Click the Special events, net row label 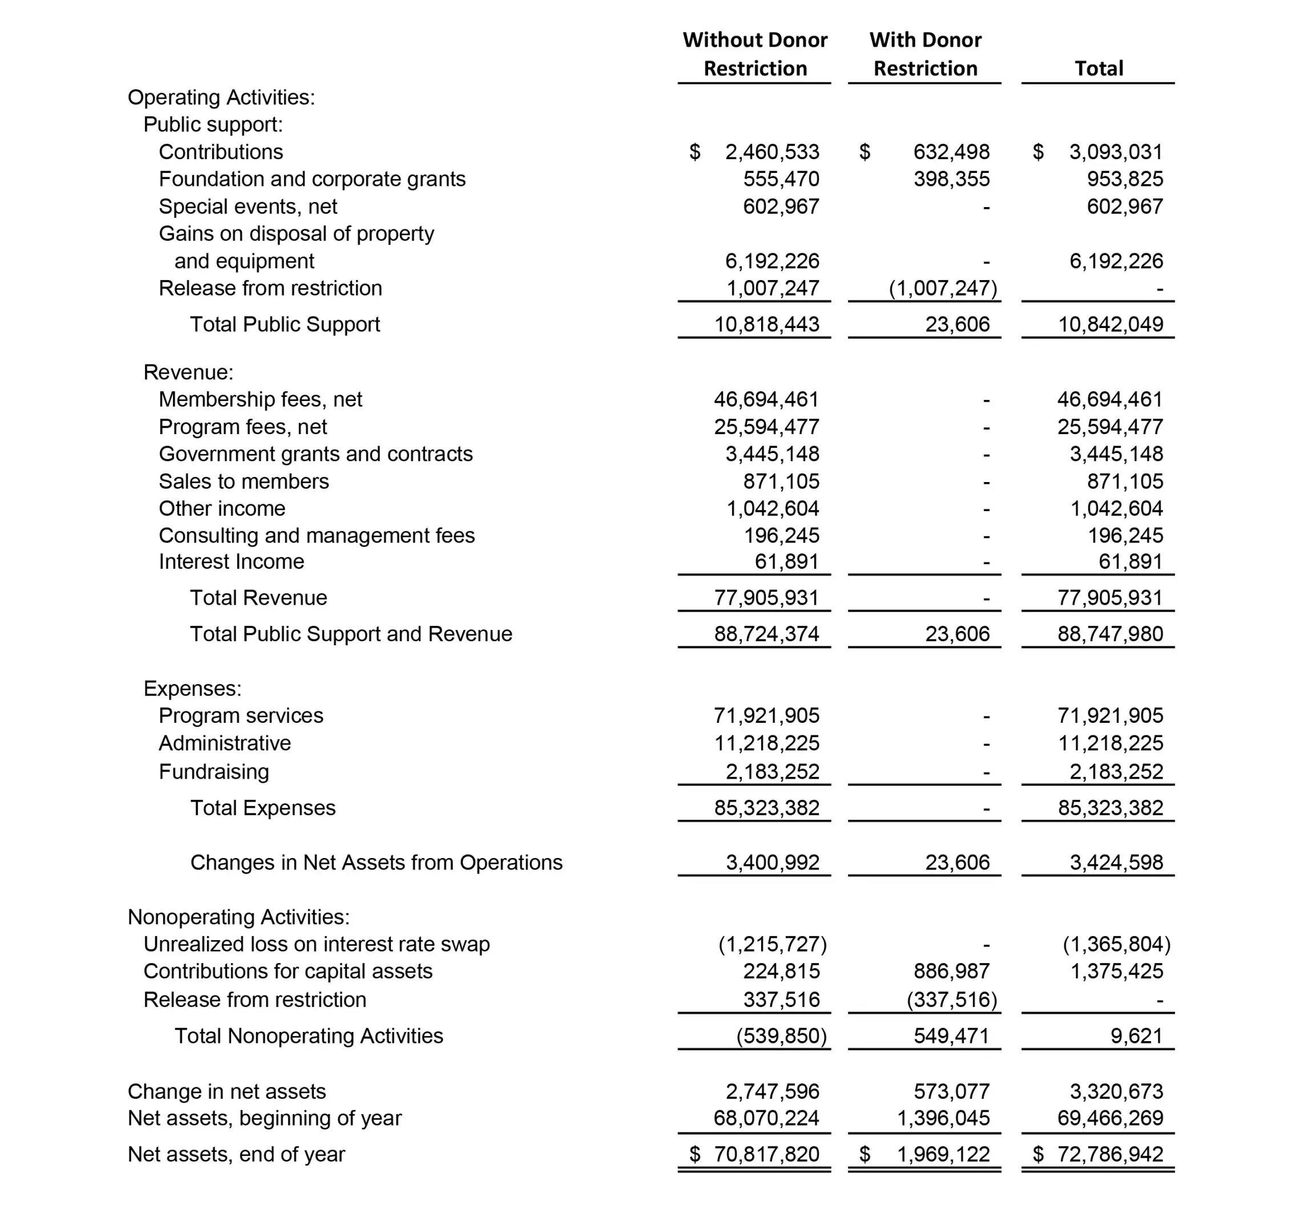pos(248,207)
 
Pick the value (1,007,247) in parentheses pos(943,289)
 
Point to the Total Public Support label pos(285,325)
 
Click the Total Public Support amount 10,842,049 pos(1110,325)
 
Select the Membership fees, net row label pos(260,399)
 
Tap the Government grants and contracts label pos(316,454)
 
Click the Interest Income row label pos(231,562)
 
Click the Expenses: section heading pos(192,689)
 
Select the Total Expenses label pos(262,808)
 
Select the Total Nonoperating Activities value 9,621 pos(1136,1036)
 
